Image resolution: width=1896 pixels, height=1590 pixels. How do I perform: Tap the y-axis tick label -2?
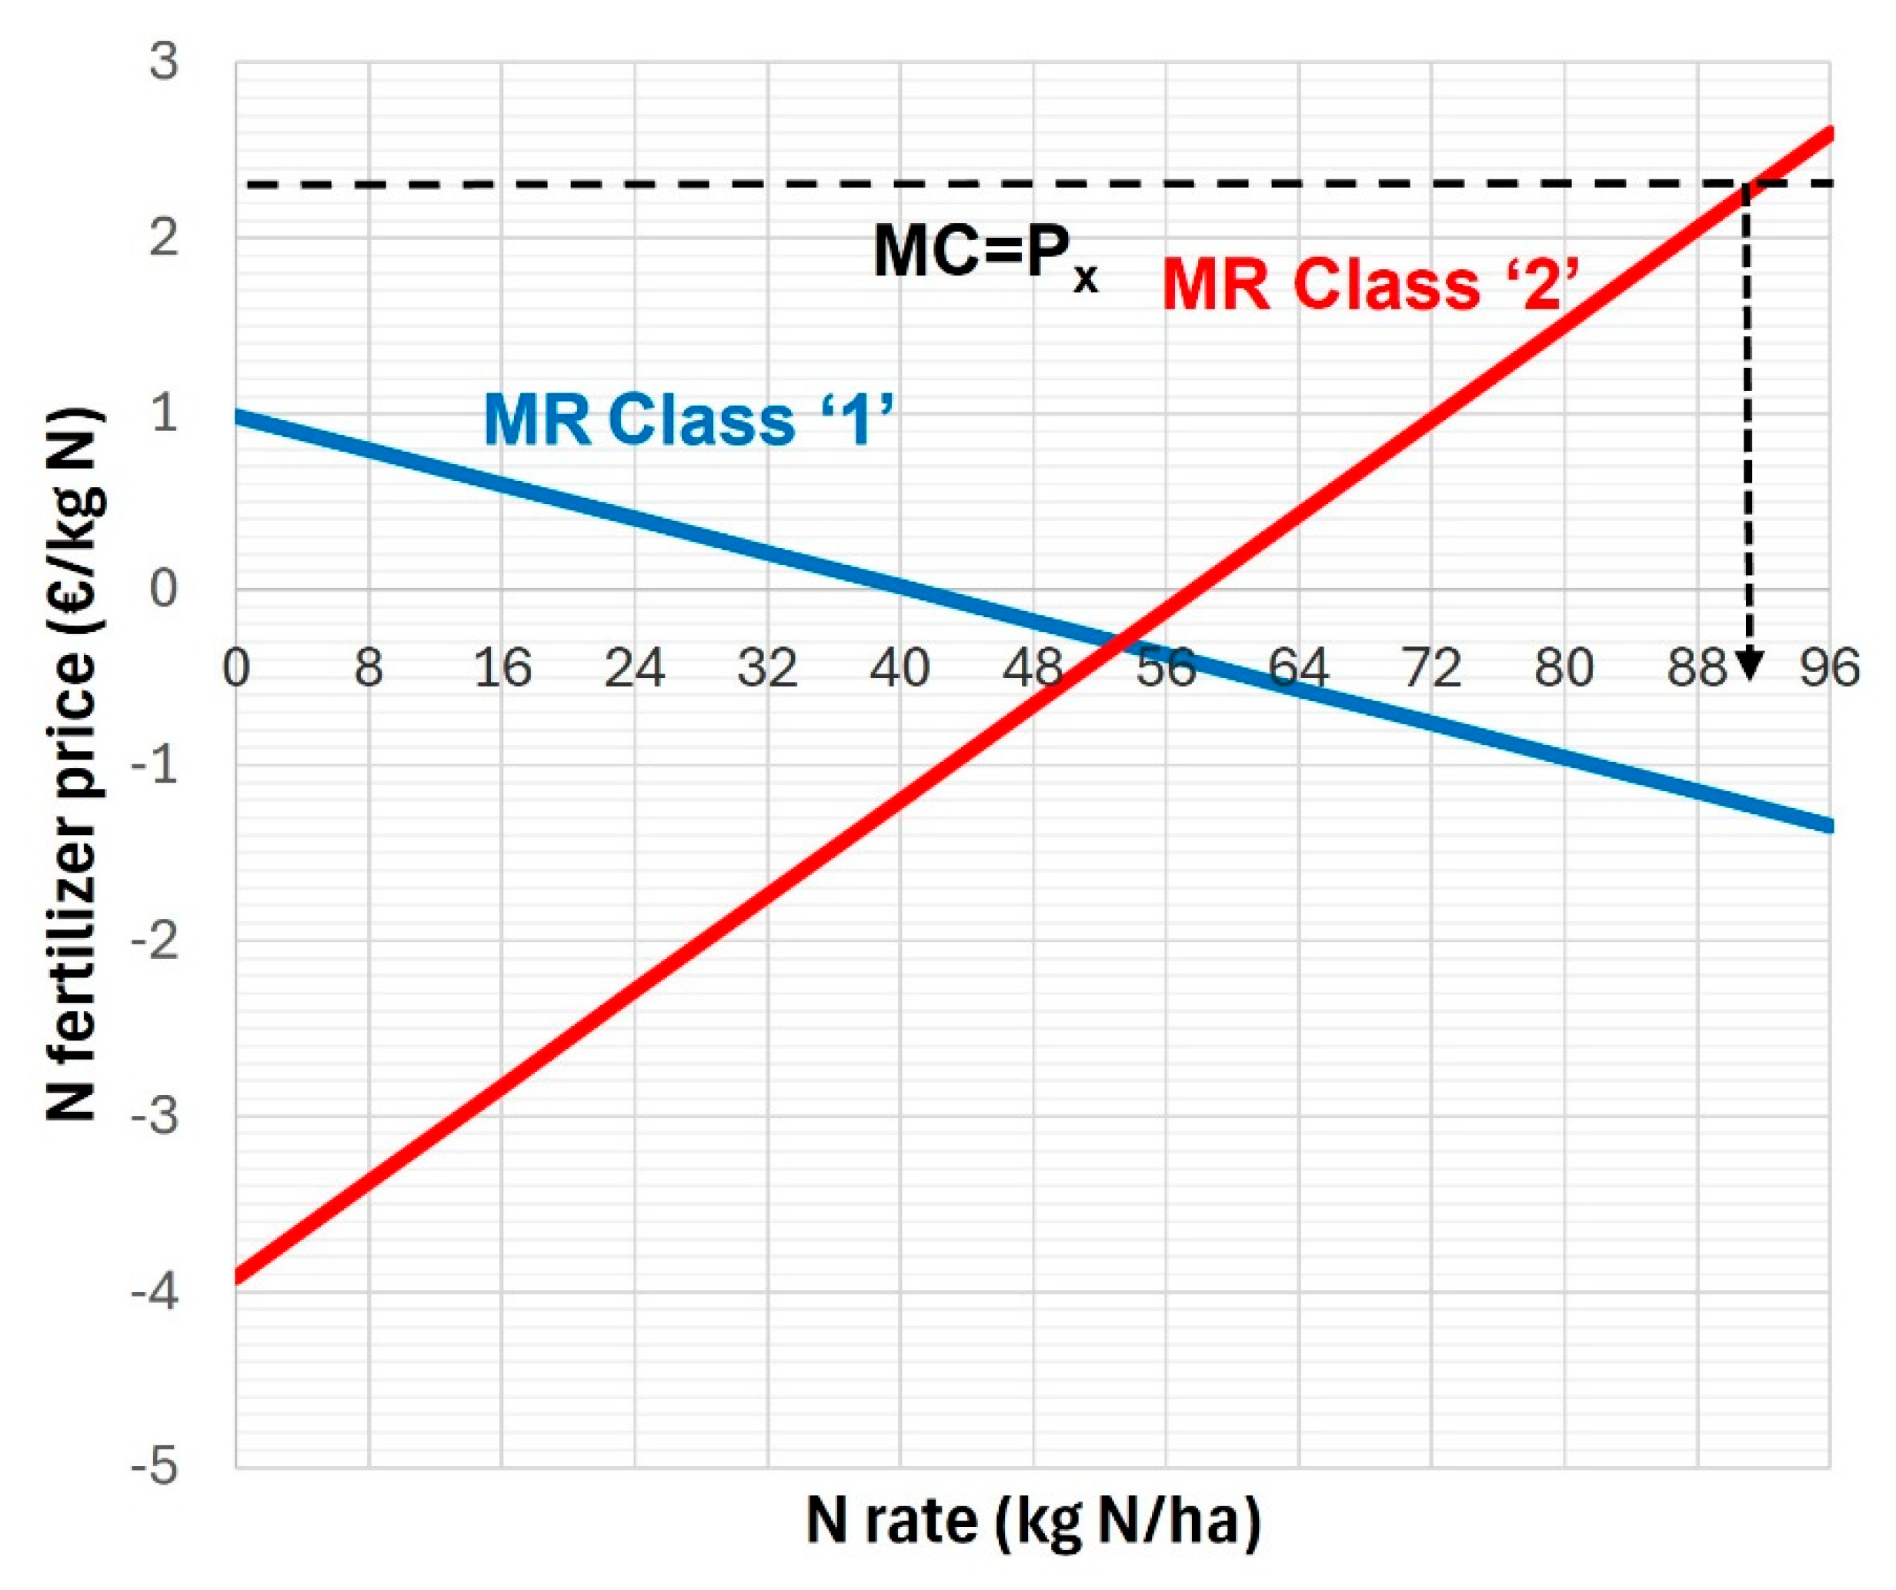[155, 942]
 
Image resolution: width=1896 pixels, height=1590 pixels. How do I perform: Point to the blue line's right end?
[1828, 825]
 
